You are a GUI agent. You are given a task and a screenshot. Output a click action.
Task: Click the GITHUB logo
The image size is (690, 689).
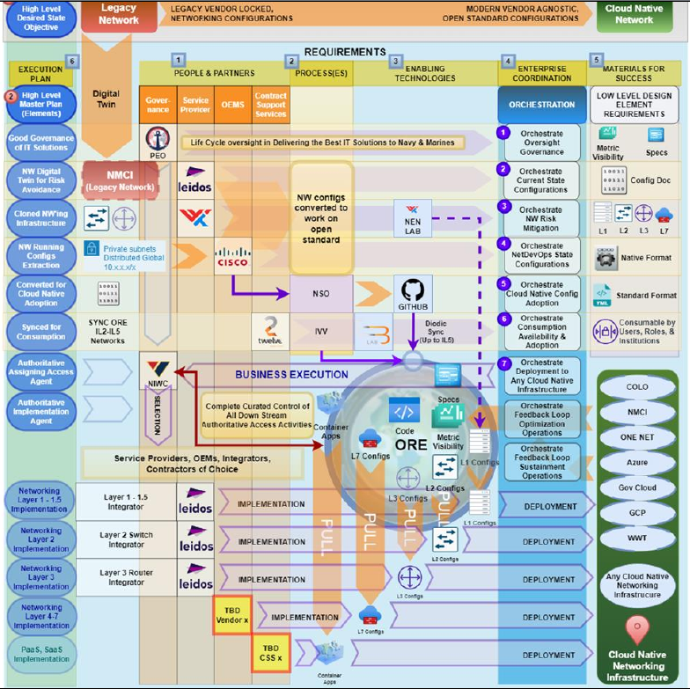click(413, 292)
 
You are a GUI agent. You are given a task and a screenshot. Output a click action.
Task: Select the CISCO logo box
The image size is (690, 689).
click(233, 256)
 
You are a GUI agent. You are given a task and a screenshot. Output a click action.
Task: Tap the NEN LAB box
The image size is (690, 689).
click(412, 217)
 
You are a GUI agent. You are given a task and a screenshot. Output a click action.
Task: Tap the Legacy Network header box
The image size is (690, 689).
click(119, 15)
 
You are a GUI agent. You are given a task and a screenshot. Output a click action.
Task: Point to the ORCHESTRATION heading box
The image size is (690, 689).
click(542, 104)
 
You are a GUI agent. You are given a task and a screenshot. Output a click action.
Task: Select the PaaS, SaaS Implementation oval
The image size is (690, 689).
click(41, 653)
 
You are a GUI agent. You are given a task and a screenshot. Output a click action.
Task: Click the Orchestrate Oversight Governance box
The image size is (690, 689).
click(541, 140)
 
